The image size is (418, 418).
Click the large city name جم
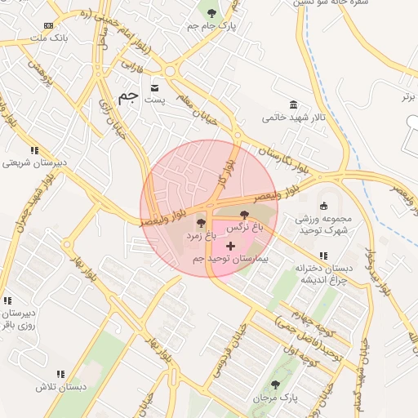point(127,96)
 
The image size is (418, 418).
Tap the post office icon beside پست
point(155,87)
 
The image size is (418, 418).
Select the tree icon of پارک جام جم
point(213,12)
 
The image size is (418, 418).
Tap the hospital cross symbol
point(231,245)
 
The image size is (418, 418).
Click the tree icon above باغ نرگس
point(245,215)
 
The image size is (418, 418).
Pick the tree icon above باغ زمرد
point(200,222)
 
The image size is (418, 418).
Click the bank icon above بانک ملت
point(50,25)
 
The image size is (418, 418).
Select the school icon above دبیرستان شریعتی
point(34,150)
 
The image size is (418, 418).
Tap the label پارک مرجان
point(273,398)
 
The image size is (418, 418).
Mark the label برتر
point(408,96)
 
